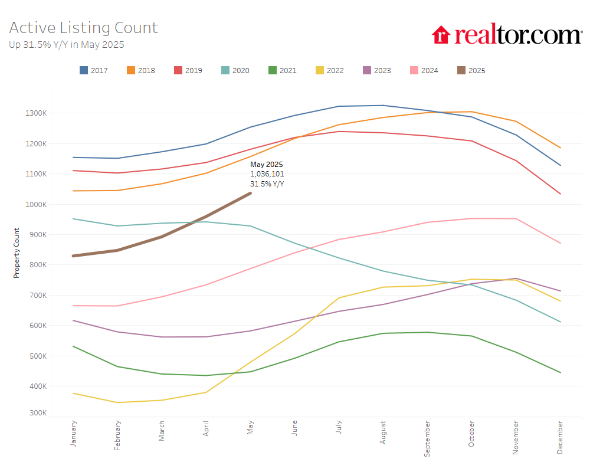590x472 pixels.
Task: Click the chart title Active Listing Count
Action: click(x=84, y=28)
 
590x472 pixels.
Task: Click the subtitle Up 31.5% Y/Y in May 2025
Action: click(x=67, y=44)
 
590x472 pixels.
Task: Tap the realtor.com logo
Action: click(x=506, y=35)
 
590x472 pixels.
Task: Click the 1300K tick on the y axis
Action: click(x=37, y=113)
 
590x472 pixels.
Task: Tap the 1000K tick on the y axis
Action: click(x=37, y=204)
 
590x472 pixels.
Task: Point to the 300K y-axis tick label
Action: click(x=38, y=413)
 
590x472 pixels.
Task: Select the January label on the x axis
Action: click(x=73, y=434)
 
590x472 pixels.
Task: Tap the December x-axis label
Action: click(x=560, y=437)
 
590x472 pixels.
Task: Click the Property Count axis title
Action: click(x=17, y=253)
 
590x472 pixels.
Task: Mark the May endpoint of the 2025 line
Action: click(x=250, y=193)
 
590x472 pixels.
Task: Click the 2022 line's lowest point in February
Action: click(x=117, y=402)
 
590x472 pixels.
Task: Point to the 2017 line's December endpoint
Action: click(x=560, y=165)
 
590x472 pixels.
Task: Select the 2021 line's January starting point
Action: click(x=73, y=346)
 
